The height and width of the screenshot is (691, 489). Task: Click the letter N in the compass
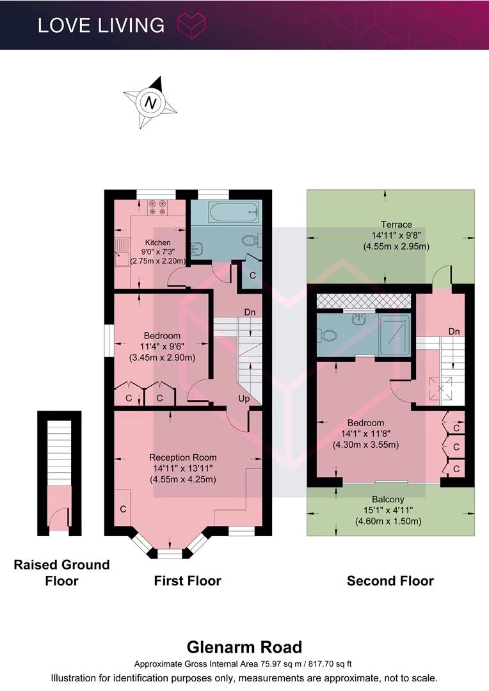[x=151, y=103]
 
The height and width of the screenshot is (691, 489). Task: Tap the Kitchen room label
[x=158, y=242]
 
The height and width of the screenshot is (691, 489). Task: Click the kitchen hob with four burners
[x=157, y=207]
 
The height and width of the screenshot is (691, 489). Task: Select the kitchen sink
[x=122, y=252]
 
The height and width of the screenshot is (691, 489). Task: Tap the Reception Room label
[x=182, y=457]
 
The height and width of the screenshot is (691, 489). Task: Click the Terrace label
[x=396, y=225]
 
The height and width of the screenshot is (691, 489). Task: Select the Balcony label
[x=388, y=499]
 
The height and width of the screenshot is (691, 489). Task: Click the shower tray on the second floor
[x=395, y=335]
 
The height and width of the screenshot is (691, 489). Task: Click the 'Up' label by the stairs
[x=244, y=399]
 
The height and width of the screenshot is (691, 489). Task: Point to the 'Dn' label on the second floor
[x=454, y=331]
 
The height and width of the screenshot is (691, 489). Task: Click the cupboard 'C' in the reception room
[x=123, y=509]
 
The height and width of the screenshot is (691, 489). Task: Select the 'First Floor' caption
[x=188, y=581]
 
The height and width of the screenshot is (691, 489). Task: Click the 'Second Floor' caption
[x=390, y=581]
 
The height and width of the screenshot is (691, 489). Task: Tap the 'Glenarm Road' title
[x=245, y=647]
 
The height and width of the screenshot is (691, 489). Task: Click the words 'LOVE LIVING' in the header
[x=101, y=25]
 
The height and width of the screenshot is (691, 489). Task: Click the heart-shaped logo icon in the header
[x=191, y=26]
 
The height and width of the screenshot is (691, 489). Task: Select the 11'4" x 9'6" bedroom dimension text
[x=163, y=346]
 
